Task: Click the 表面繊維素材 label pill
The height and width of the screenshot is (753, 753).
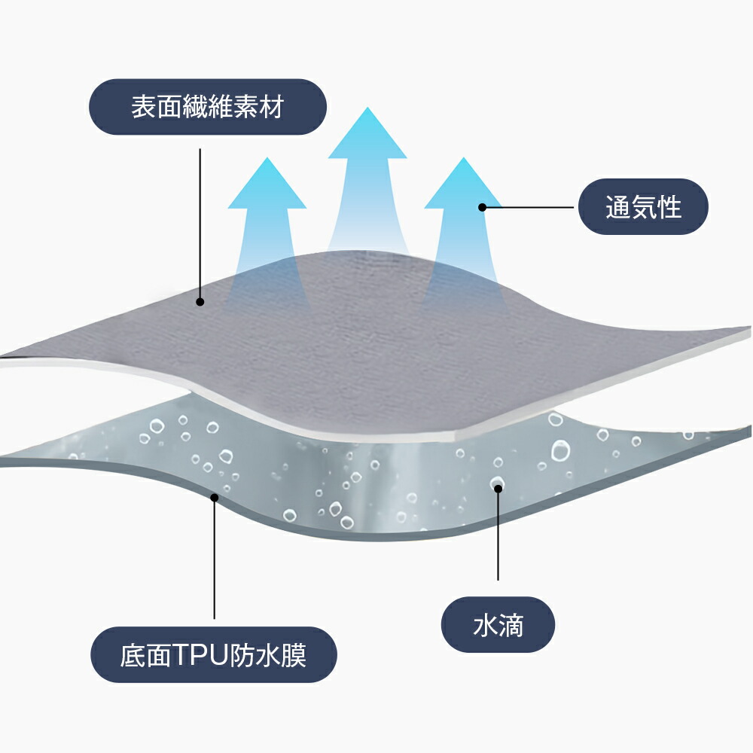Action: pos(208,107)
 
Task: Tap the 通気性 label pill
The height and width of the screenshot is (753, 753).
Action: pos(643,207)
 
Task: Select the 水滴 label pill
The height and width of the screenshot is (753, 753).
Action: pos(498,625)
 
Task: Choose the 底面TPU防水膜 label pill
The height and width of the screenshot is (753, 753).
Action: pos(214,655)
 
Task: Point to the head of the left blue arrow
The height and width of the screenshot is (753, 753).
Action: pos(267,184)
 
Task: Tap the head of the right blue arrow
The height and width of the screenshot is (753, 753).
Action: pos(463,184)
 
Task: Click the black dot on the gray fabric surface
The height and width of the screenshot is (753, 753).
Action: pos(200,302)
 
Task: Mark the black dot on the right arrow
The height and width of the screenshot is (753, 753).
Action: pos(483,208)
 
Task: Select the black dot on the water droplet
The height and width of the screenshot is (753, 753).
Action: pos(498,489)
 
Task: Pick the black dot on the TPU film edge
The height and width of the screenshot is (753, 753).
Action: pos(214,498)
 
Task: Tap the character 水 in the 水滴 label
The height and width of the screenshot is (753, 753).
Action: pos(485,625)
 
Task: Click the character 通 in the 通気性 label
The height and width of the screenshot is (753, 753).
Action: pos(617,208)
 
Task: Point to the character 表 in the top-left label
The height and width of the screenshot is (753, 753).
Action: pos(144,107)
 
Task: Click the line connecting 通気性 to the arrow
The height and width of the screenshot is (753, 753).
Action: pos(529,208)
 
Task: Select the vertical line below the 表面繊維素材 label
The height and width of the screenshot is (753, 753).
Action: pos(200,225)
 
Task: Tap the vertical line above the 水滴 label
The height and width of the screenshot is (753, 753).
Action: pos(498,535)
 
